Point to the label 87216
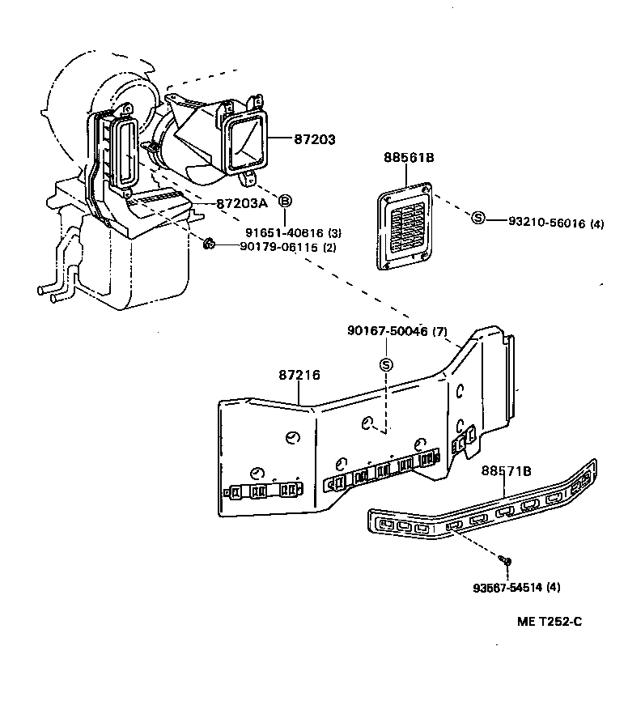[x=299, y=375]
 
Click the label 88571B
[x=506, y=470]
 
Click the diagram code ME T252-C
[x=549, y=622]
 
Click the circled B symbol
[x=286, y=201]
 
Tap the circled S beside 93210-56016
[x=477, y=218]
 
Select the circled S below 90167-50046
[x=386, y=365]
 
